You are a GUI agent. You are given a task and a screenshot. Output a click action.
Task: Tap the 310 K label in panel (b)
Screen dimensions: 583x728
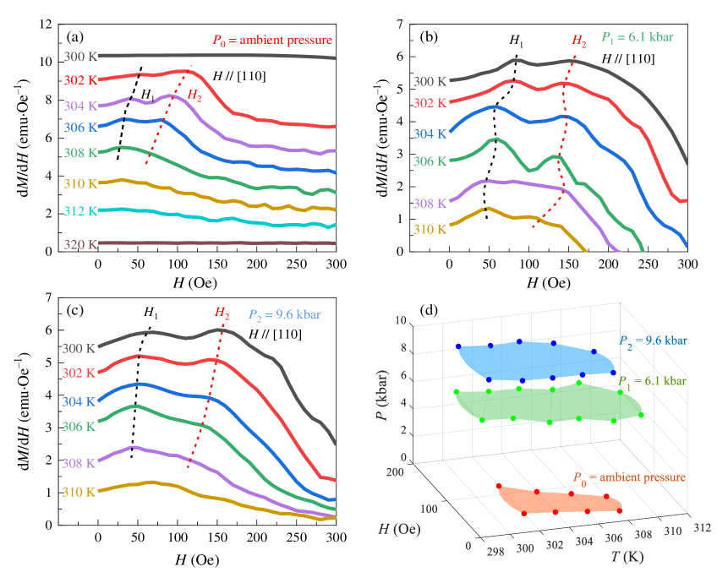[430, 229]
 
